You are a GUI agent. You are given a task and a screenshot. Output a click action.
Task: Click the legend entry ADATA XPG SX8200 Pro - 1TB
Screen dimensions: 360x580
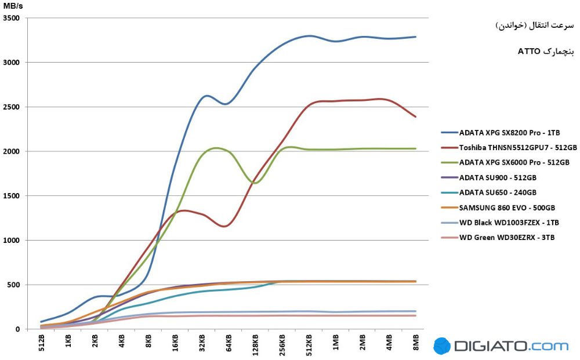[x=509, y=132]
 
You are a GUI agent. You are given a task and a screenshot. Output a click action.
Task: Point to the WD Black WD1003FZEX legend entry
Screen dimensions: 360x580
[x=509, y=223]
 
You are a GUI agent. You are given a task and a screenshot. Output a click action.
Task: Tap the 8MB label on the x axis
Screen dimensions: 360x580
[x=416, y=343]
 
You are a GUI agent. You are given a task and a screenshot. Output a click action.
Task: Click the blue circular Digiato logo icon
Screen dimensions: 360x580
[x=442, y=346]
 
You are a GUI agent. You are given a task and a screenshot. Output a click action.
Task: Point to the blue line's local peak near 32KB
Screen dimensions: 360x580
[x=206, y=96]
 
